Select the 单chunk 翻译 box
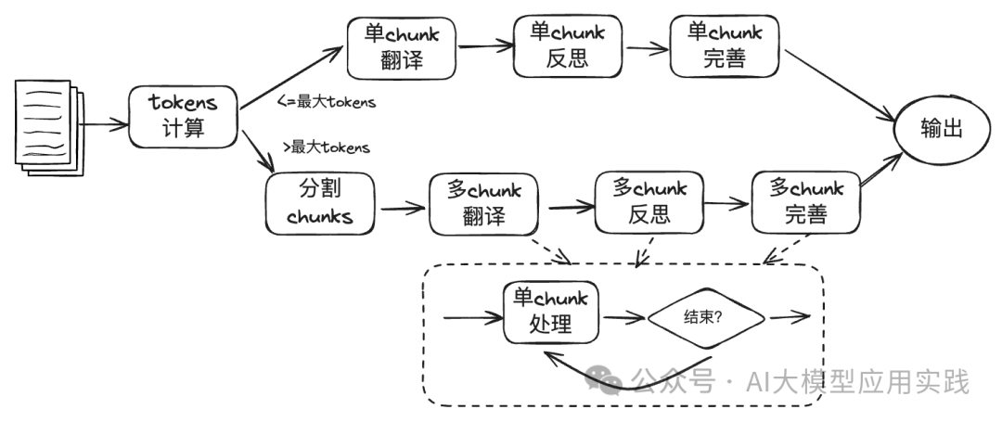click(x=402, y=47)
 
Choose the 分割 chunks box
click(x=320, y=203)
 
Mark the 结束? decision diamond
click(x=706, y=315)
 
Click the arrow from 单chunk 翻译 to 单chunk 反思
click(x=486, y=44)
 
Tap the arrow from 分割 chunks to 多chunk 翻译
click(x=402, y=206)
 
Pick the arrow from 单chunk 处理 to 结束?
click(x=623, y=317)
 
